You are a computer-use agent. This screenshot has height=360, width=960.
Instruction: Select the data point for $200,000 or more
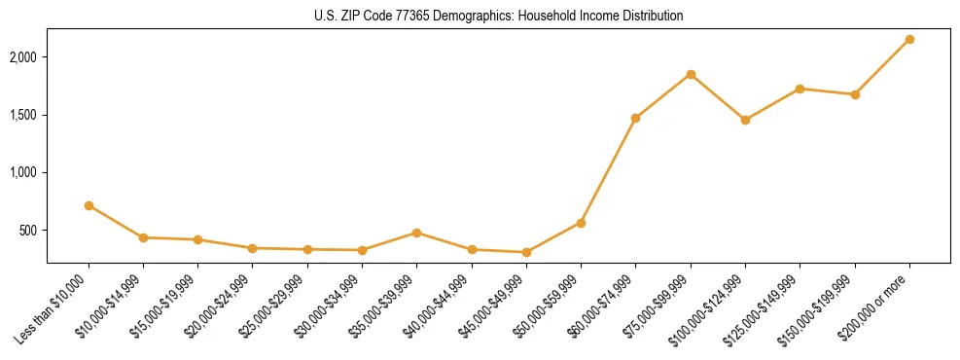point(909,39)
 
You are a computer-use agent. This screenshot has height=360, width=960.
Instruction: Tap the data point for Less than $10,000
point(89,205)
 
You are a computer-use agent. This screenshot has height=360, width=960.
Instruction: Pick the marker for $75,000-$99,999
point(691,74)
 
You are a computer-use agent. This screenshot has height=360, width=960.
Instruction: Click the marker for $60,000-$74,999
point(635,118)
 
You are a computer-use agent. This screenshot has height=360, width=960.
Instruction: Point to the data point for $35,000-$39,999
point(416,233)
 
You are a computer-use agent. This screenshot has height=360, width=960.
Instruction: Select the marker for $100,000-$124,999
point(745,120)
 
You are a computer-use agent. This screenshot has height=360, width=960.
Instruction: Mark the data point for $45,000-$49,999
point(526,252)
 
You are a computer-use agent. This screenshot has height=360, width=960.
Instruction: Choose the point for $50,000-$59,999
point(581,223)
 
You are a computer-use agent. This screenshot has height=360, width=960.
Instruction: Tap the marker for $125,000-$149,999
point(800,89)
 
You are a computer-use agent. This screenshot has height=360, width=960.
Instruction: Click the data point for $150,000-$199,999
point(855,94)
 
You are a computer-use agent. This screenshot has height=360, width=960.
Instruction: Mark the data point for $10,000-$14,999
point(143,237)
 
